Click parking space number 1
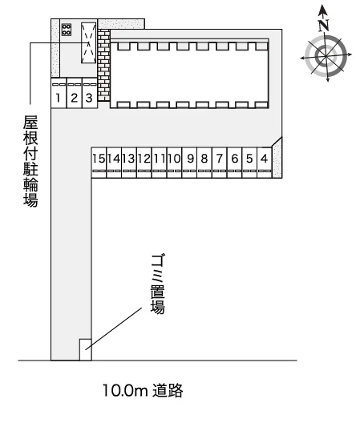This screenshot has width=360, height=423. click(x=59, y=93)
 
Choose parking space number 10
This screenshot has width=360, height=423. click(x=175, y=163)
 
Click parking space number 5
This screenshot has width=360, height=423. click(x=249, y=163)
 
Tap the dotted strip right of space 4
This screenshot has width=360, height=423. click(x=277, y=159)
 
